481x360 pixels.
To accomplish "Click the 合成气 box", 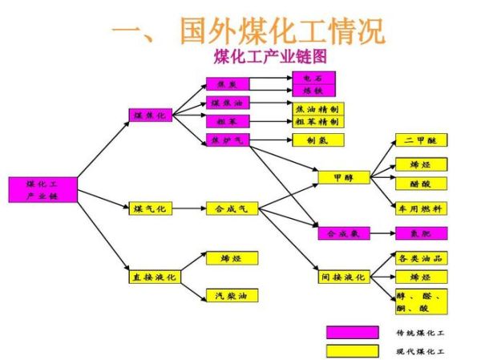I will (x=232, y=208).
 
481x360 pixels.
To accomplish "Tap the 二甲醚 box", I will (x=421, y=140).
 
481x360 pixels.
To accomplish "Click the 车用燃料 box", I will (x=421, y=208).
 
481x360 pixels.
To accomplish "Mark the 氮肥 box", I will (x=421, y=233).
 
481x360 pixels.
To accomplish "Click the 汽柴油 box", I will (x=232, y=295).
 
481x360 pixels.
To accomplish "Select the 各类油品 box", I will (x=421, y=257).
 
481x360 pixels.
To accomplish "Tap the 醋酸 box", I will (x=421, y=184).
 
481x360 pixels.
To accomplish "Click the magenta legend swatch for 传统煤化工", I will (x=352, y=332).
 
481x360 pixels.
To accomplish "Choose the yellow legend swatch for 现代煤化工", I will (x=352, y=350).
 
